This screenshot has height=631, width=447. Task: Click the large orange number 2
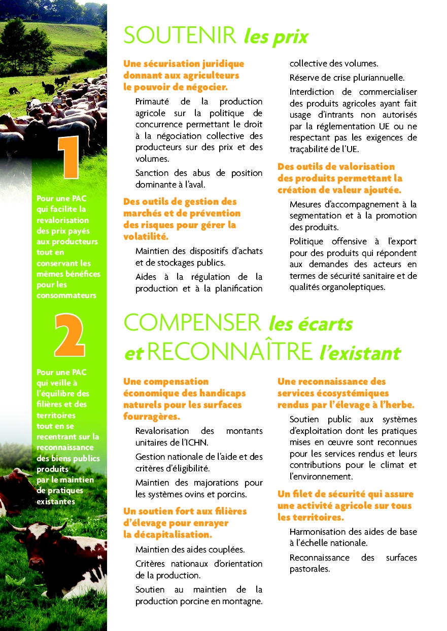[69, 335]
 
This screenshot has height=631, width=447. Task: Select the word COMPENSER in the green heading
[192, 323]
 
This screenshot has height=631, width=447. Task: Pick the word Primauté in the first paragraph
[153, 101]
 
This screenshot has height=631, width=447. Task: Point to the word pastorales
[310, 569]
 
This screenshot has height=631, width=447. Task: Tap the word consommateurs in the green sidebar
[66, 295]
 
